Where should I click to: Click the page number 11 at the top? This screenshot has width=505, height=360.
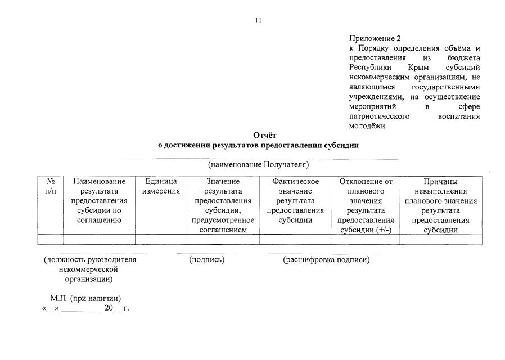(x=258, y=21)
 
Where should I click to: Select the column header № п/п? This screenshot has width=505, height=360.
(x=51, y=186)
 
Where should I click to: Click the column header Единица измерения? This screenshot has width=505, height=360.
(x=161, y=186)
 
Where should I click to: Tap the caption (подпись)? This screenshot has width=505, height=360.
(x=206, y=259)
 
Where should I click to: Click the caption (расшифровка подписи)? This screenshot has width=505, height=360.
(x=326, y=259)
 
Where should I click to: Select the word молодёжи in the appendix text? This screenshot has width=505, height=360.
(x=367, y=125)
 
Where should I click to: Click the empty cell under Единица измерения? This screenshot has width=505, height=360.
(x=161, y=240)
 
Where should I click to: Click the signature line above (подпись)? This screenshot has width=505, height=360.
(x=206, y=254)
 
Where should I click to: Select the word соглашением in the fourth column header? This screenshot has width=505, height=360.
(x=223, y=229)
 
